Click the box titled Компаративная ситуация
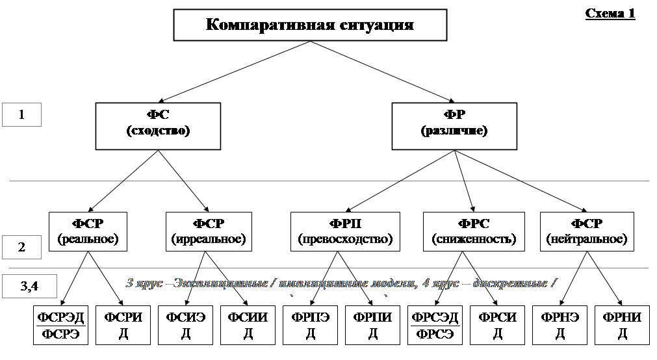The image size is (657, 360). (x=310, y=26)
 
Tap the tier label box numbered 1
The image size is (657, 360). (x=22, y=115)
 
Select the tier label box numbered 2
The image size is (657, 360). (x=22, y=248)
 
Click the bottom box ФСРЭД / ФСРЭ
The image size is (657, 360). (x=60, y=326)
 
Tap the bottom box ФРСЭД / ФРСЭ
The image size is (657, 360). (x=435, y=326)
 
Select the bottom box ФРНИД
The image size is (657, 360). (x=622, y=326)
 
